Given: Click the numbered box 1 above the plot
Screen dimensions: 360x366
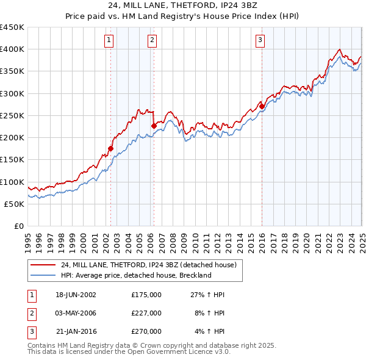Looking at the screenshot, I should tap(109, 41).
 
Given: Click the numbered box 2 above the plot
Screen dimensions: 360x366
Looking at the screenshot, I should tap(151, 41).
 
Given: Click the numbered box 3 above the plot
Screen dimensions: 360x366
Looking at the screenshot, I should tap(260, 41).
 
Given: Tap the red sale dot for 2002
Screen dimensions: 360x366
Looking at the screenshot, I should tap(111, 148).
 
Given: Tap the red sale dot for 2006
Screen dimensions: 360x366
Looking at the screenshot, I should tap(154, 126).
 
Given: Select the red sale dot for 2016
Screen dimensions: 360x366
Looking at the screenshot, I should tap(262, 106).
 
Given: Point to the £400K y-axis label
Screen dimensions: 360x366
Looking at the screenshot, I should tap(12, 49).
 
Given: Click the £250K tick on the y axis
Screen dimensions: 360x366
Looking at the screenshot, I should tap(12, 116).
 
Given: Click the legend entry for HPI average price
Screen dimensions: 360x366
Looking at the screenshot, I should tap(135, 275).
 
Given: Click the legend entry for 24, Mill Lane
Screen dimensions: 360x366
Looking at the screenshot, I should tap(152, 265).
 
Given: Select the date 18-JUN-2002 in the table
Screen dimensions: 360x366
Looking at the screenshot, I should tap(76, 295).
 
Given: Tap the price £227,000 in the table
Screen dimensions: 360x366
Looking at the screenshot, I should tap(146, 313).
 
